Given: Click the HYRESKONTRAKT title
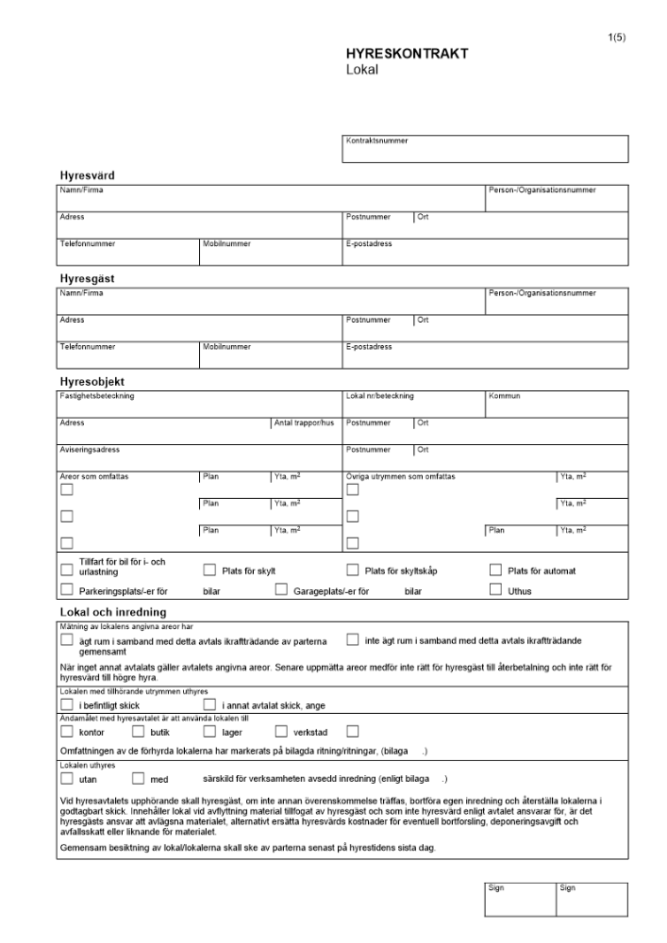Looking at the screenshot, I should [x=407, y=55].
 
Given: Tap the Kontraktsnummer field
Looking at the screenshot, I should [x=485, y=150].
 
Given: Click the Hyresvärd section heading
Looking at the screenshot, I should [x=88, y=175].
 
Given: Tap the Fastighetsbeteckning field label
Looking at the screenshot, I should [x=96, y=396].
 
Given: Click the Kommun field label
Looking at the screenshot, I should [x=504, y=396].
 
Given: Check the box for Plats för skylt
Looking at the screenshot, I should [x=209, y=570].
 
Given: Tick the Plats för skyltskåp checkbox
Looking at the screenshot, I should [x=353, y=570].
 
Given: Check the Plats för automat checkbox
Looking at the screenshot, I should [x=495, y=570].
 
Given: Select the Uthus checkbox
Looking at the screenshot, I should [x=495, y=590].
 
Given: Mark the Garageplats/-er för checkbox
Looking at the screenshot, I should [x=281, y=590].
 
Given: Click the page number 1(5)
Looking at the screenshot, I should [x=618, y=37].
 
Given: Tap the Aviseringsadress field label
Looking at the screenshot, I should [x=90, y=450].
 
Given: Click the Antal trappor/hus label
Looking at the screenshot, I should [x=304, y=423].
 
